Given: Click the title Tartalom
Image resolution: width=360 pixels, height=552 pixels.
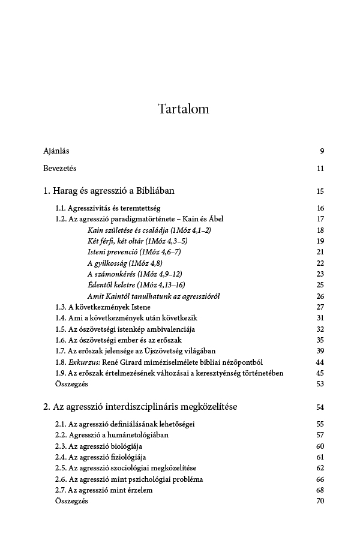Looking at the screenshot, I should [x=184, y=109].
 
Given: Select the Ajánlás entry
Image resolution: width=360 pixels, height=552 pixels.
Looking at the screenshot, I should [x=56, y=151].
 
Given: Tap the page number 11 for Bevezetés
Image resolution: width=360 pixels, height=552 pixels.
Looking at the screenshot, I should [x=320, y=168].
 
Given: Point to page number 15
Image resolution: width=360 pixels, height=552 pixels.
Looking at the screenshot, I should [x=320, y=191].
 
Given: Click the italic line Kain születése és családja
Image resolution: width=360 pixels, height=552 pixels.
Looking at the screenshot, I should [x=149, y=230].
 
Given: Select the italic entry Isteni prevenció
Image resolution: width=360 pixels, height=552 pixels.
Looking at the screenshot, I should [x=134, y=251].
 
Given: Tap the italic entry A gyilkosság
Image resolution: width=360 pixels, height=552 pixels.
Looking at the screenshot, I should [x=125, y=263].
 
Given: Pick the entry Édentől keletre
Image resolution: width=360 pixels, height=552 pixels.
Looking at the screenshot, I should [x=136, y=284].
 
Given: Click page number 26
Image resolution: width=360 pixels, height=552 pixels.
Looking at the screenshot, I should [x=320, y=296].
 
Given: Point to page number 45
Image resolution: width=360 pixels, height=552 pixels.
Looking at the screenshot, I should [x=320, y=373].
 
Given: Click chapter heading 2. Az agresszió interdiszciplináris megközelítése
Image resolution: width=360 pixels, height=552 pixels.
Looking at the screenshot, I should [x=140, y=407].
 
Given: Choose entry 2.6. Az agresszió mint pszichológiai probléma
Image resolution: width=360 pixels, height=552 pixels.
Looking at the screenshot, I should [x=129, y=479].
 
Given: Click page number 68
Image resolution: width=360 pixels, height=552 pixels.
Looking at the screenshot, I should [x=320, y=490].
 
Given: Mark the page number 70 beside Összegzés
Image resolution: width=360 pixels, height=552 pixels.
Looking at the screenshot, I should [x=320, y=501].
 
